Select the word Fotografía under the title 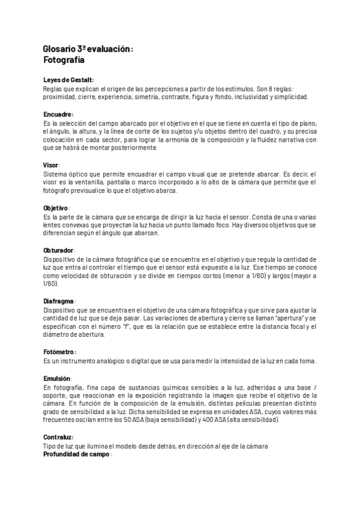[x=64, y=60]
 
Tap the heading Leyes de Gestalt [x=68, y=80]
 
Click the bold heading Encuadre [x=58, y=114]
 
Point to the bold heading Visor [x=52, y=165]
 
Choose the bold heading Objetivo [x=56, y=208]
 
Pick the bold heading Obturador [x=59, y=250]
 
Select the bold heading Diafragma [x=59, y=300]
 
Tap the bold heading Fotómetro [x=59, y=351]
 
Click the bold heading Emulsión [x=58, y=379]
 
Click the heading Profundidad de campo [x=76, y=454]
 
